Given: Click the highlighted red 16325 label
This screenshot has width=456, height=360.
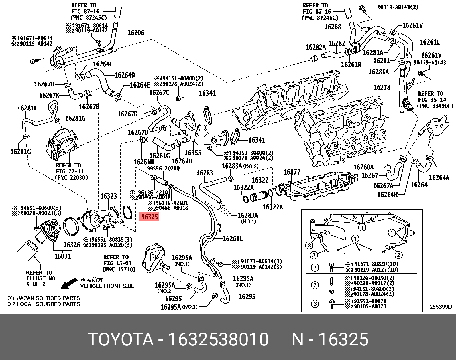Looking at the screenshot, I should pos(149,217).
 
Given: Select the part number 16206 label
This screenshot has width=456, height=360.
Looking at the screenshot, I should pos(135,33).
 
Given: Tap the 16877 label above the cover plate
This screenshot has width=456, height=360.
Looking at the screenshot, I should pos(292,172).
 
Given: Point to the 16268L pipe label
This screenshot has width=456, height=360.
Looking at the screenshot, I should pos(233,238).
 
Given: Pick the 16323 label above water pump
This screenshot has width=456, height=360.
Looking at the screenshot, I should pos(109,196).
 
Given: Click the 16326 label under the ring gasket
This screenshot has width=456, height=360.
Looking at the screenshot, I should pos(72,245).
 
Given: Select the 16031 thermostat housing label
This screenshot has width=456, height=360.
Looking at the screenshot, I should pos(63,256).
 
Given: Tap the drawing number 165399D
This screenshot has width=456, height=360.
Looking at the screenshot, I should pos(440,307).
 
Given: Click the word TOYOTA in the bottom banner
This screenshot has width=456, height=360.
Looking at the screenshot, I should pos(121,339).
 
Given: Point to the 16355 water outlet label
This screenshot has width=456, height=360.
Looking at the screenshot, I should pos(193,153).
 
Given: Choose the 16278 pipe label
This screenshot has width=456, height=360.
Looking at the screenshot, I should pos(382,87).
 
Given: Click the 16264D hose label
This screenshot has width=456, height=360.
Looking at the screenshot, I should pos(125,75).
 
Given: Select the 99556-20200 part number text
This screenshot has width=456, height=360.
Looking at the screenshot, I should pos(163,169).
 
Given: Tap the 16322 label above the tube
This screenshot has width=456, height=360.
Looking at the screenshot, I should pos(260,180).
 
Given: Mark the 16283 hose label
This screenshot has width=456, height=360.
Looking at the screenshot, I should pos(205,173).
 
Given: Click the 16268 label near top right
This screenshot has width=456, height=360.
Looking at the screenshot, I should pos(333,27).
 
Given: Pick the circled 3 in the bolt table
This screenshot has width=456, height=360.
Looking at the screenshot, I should pos(315,304).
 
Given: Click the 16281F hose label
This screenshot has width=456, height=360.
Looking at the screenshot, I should pos(27,108).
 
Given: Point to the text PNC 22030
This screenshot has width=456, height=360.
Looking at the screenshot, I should pos(71,177).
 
